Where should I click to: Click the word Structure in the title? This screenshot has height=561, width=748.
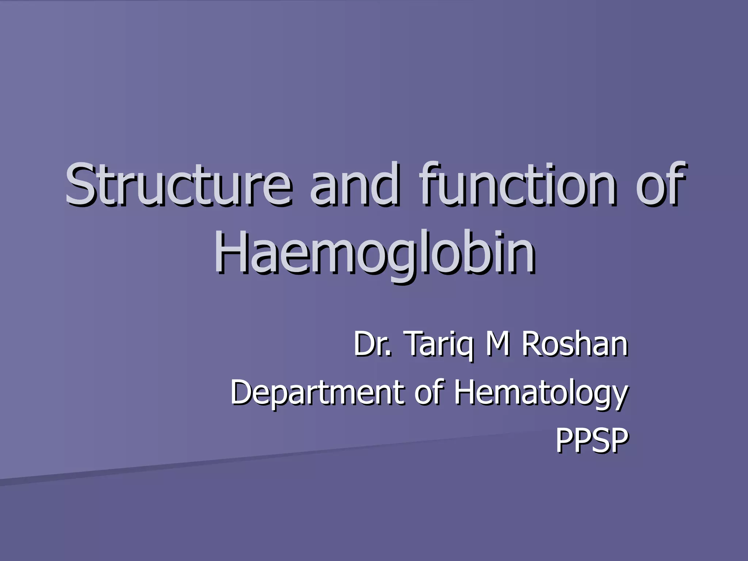point(179,184)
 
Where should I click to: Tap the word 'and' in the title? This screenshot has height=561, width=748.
point(354,184)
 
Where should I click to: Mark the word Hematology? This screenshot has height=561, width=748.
point(541,394)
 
